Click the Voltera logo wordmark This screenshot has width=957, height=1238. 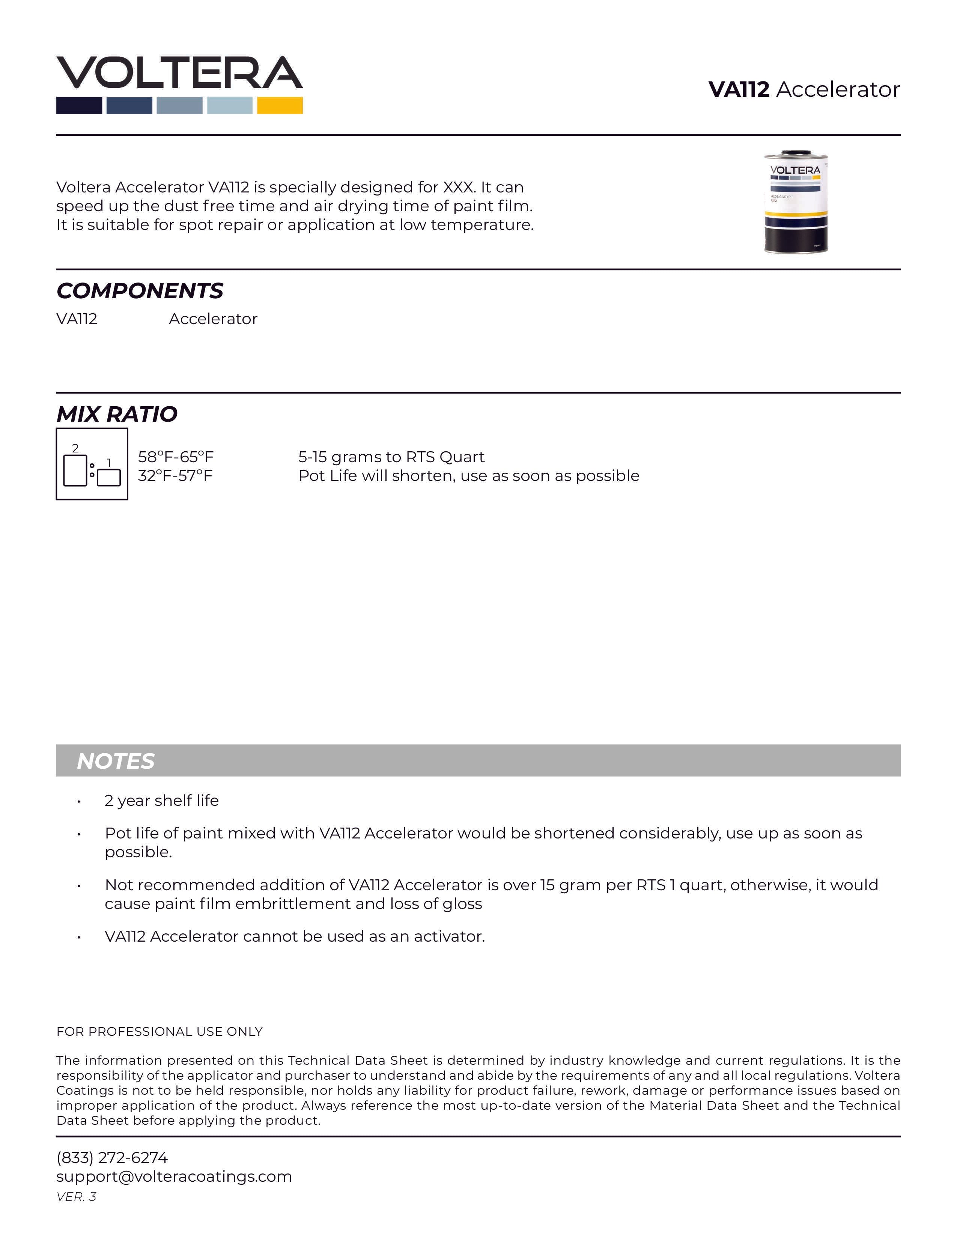[x=179, y=72]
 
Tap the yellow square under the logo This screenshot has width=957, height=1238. [x=280, y=105]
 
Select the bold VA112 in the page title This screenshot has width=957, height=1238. [x=739, y=90]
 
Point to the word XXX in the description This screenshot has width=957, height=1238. [x=458, y=187]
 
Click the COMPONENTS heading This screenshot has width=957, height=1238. [x=140, y=291]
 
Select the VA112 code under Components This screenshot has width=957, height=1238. [x=77, y=319]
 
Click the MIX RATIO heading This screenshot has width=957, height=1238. [x=117, y=415]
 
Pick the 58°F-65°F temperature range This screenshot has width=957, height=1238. [x=176, y=457]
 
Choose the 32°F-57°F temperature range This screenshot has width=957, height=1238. [x=175, y=476]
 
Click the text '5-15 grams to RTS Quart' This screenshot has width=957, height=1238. [x=391, y=457]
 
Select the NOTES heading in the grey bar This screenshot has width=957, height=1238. [x=116, y=761]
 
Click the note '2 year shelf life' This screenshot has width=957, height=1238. [x=162, y=801]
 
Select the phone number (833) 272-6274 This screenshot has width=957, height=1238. [x=112, y=1157]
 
